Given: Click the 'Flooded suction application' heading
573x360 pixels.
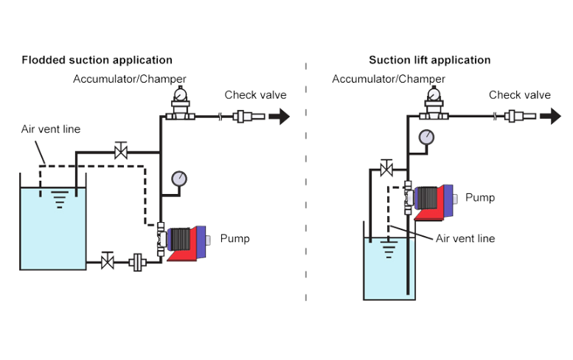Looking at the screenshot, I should [x=97, y=60].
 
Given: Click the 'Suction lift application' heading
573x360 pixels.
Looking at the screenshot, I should [x=429, y=60].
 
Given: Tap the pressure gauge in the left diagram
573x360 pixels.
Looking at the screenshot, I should [x=178, y=179].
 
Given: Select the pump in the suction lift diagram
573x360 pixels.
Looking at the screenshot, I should [x=435, y=199].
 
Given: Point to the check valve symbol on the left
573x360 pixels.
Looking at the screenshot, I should [x=243, y=116].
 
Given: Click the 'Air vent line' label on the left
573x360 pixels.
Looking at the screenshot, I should [x=51, y=130].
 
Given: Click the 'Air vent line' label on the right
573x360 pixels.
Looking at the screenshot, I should [x=465, y=239].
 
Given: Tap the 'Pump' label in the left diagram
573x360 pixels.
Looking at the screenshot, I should [x=235, y=239].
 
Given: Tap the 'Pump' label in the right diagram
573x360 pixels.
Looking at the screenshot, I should [x=480, y=198].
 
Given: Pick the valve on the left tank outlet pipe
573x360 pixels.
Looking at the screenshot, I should [x=108, y=260].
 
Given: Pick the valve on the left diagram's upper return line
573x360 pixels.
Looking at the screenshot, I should [x=119, y=153].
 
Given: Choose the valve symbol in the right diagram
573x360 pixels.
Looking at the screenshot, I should [x=385, y=167].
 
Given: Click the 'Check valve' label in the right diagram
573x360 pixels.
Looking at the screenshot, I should [x=520, y=94].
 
